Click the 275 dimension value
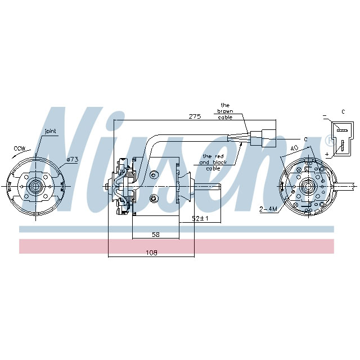click(x=195, y=116)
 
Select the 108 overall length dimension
click(x=151, y=253)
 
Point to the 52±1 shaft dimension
click(x=201, y=218)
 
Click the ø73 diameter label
click(x=71, y=160)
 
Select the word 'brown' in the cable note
click(x=225, y=111)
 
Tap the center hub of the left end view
click(x=36, y=186)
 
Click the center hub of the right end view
click(x=307, y=186)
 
